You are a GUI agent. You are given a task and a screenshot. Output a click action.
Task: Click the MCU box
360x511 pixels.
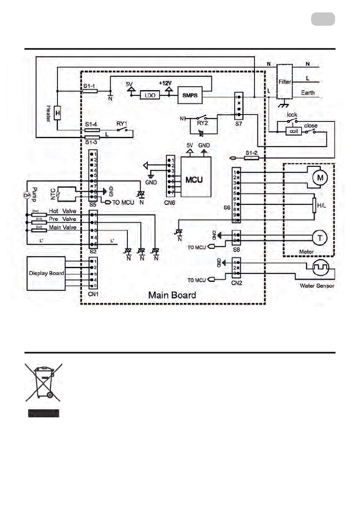[x=196, y=177]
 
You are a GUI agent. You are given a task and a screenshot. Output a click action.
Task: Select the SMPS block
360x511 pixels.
[x=190, y=96]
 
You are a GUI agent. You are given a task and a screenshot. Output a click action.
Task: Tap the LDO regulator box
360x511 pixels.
[x=150, y=96]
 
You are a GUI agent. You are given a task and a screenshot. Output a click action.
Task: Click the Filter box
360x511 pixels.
[x=284, y=82]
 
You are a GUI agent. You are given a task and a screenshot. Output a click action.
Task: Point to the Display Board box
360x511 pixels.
[x=46, y=273]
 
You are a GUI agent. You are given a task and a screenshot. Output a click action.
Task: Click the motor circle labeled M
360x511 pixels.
[x=318, y=177]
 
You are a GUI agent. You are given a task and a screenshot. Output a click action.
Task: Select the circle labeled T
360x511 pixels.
[x=319, y=237]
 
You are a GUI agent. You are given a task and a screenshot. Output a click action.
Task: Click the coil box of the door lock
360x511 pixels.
[x=294, y=132]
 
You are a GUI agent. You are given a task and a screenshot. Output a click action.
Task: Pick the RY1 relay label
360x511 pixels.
[x=121, y=123]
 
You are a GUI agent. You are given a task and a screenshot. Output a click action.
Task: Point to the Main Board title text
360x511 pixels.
[x=172, y=295]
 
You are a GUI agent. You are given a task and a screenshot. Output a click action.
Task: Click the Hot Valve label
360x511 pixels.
[x=62, y=211]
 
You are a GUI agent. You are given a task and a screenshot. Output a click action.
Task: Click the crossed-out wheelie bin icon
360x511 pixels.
[x=41, y=382]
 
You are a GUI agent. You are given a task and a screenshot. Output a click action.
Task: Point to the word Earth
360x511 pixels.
[x=308, y=92]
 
